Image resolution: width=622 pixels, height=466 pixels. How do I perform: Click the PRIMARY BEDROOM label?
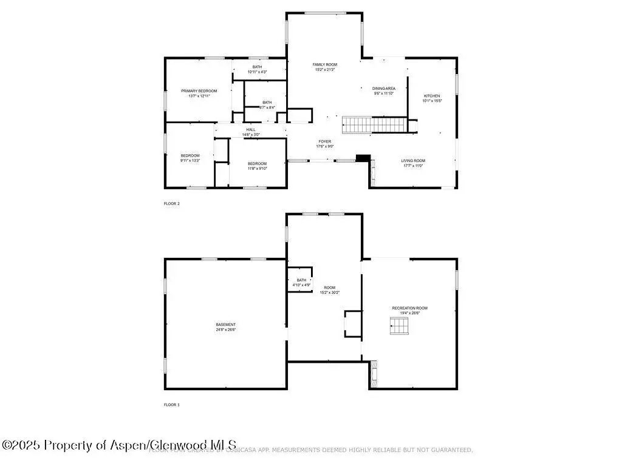[x=199, y=91]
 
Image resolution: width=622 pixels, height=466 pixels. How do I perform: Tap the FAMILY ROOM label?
[x=325, y=64]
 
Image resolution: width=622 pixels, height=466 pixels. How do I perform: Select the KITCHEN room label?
[x=432, y=96]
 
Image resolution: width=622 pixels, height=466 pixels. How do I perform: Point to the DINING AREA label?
[x=384, y=89]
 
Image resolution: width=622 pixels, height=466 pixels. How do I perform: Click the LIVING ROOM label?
[x=412, y=161]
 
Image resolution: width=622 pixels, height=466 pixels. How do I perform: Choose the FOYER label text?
[x=325, y=141]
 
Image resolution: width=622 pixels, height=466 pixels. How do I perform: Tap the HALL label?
[x=251, y=129]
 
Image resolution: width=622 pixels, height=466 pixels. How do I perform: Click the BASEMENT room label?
[x=225, y=325]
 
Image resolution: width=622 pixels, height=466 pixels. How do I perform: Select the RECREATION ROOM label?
[x=409, y=308]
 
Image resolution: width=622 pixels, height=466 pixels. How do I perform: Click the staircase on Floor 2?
[x=373, y=125]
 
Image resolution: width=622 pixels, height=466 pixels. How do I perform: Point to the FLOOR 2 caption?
[x=172, y=204]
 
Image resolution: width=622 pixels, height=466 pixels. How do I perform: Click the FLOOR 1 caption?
[x=172, y=405]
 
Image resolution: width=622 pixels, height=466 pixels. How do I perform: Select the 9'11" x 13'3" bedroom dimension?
[x=190, y=161]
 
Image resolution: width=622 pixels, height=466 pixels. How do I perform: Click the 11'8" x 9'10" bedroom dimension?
[x=257, y=169]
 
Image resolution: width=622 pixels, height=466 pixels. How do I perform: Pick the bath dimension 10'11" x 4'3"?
[x=257, y=72]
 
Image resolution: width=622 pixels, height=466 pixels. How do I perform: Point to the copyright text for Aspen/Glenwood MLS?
[x=119, y=445]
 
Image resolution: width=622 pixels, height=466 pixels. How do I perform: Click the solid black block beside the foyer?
[x=363, y=158]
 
